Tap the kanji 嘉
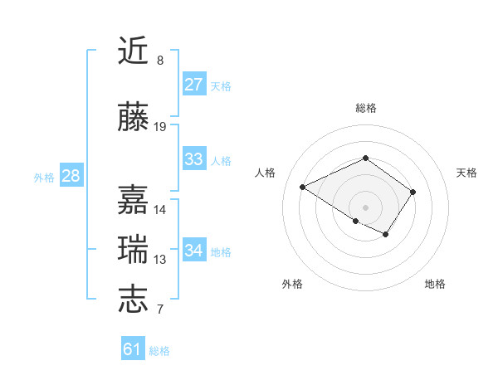coord(134,200)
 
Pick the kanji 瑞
coord(134,250)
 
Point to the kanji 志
coord(134,300)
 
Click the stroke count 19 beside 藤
coord(160,127)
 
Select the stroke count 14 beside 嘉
coord(160,210)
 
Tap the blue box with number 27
coord(194,84)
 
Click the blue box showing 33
coord(194,159)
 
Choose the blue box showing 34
coord(194,251)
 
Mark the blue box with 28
coord(71,176)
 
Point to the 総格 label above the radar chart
coord(366,108)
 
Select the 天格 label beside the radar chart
coord(467,173)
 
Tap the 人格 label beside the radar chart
coord(266,173)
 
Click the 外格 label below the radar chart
coord(292,284)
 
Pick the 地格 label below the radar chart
coord(435,284)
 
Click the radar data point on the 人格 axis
coord(303,187)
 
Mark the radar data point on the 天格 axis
coord(413,192)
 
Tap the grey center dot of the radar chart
coord(366,207)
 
